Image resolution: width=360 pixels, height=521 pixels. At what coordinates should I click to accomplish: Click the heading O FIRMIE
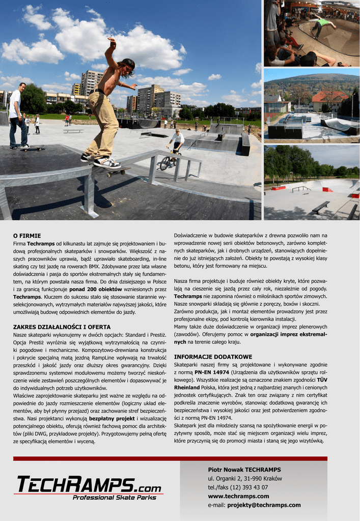[x=26, y=236]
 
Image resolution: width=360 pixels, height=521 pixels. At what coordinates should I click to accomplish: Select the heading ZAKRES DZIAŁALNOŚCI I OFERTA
[x=62, y=327]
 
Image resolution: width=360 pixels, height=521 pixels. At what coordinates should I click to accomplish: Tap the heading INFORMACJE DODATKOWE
[x=213, y=357]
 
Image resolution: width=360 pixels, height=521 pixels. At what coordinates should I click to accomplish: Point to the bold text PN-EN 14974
[x=211, y=372]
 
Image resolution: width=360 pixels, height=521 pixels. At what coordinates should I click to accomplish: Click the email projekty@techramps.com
[x=265, y=505]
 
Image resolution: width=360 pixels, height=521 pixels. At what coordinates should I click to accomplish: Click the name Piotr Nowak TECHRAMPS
[x=244, y=470]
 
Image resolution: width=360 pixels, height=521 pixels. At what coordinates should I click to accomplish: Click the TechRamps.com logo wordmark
[x=89, y=485]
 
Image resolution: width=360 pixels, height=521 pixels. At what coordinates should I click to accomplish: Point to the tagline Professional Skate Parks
[x=114, y=498]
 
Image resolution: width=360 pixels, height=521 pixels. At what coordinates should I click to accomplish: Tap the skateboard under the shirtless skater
[x=111, y=170]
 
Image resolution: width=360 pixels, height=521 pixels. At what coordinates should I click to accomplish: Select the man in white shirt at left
[x=17, y=116]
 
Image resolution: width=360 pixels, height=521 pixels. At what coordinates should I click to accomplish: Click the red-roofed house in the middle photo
[x=328, y=101]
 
